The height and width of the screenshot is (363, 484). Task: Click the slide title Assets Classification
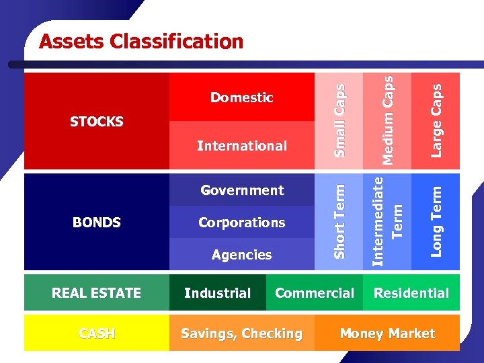coord(141,42)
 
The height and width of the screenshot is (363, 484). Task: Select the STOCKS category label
coord(97,122)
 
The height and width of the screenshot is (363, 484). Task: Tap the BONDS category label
coord(97,223)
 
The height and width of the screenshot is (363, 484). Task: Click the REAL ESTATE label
coord(97,293)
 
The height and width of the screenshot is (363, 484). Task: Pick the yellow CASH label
coord(97,333)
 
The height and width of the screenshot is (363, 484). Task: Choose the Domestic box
coord(242,97)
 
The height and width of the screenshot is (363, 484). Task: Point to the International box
coord(242,146)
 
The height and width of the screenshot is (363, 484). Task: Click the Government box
coord(242,190)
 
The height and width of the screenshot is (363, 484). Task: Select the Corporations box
coord(242,223)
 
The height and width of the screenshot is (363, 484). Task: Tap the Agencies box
coord(242,255)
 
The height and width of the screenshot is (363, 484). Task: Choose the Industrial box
coord(217,293)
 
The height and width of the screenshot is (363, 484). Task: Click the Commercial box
coord(315,293)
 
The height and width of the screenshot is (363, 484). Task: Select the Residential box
coord(411,293)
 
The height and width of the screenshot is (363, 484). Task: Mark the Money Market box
coord(387,333)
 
